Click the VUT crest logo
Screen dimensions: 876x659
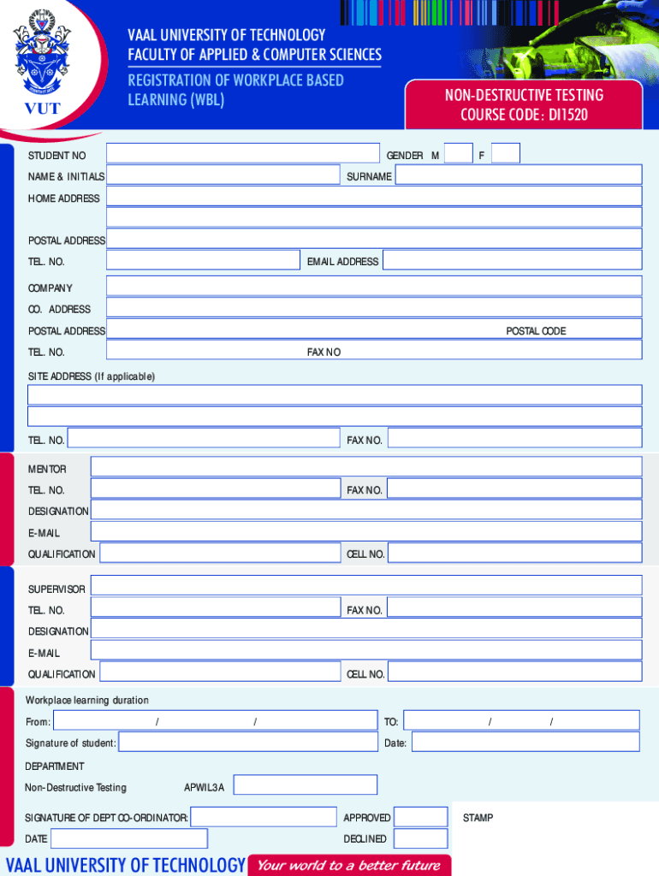click(40, 60)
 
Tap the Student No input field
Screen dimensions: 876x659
click(242, 154)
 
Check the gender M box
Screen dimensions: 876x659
click(459, 154)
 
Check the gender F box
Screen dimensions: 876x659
click(506, 154)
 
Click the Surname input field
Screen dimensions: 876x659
click(518, 175)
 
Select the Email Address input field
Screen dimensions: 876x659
click(512, 261)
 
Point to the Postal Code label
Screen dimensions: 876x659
click(536, 331)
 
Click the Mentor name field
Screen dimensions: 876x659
click(365, 467)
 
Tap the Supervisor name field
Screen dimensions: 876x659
click(365, 586)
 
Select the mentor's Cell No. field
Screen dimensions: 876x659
click(514, 553)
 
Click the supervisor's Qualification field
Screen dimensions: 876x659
click(219, 673)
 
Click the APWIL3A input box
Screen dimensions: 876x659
click(306, 785)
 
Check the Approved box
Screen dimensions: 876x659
click(421, 817)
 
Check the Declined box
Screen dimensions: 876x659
click(421, 838)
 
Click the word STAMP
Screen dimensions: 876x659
click(478, 818)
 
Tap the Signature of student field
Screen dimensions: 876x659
click(247, 743)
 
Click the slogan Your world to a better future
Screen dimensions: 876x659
click(348, 865)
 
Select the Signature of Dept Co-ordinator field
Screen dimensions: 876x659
click(263, 817)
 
